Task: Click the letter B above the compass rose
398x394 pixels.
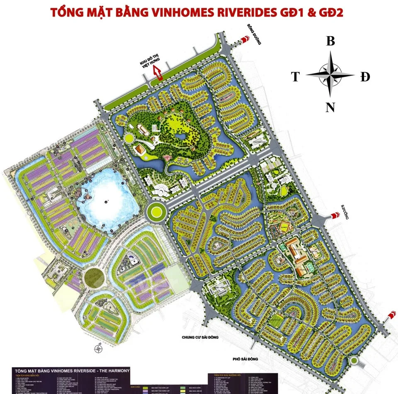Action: point(330,41)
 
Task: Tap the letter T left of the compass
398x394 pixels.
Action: point(295,77)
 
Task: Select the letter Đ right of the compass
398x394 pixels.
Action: point(365,77)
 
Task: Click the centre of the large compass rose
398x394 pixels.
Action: point(330,75)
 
